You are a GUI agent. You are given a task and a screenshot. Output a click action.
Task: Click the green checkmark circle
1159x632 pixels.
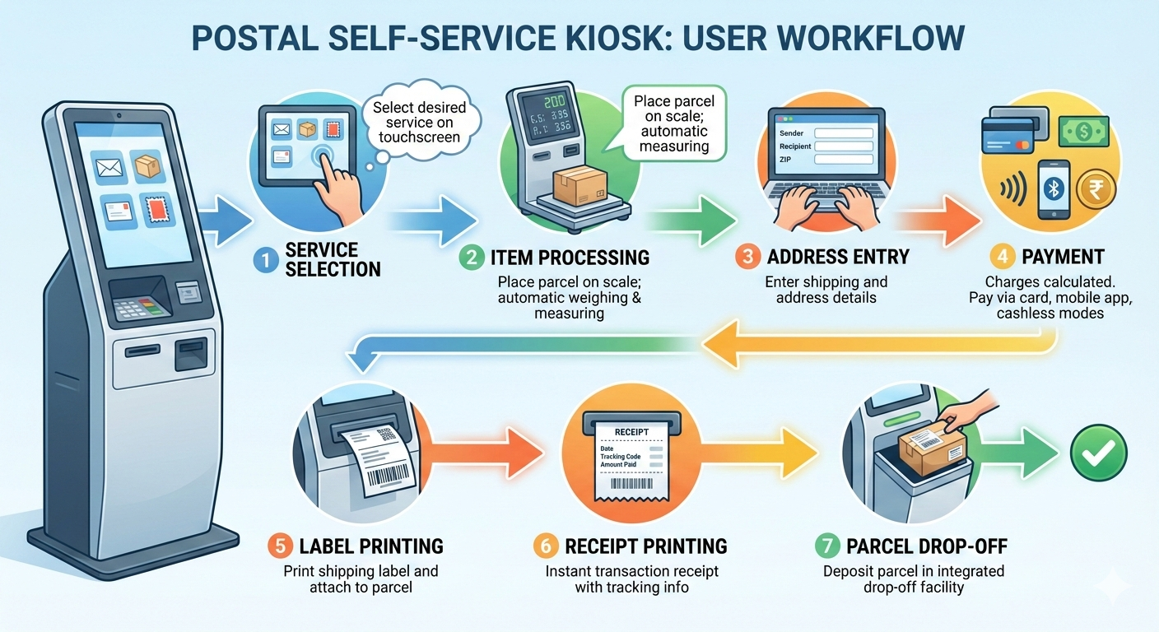[1098, 453]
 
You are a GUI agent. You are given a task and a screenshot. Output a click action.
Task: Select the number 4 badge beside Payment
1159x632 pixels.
[1001, 256]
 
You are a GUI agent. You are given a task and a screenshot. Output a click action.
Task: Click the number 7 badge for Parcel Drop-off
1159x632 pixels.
[826, 546]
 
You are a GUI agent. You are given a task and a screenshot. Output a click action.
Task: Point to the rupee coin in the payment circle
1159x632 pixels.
[1092, 188]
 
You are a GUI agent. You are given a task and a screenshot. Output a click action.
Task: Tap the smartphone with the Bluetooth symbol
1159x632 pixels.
[1053, 189]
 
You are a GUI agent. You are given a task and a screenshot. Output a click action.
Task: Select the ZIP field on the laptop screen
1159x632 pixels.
[843, 160]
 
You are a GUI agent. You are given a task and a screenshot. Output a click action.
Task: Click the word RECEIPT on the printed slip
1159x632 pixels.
[631, 431]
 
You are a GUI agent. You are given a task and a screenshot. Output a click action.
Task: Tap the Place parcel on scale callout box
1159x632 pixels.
[674, 123]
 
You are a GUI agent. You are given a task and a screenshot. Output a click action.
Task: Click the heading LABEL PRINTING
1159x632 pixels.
[371, 546]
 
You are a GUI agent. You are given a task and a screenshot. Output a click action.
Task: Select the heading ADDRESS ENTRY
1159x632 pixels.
[836, 257]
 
